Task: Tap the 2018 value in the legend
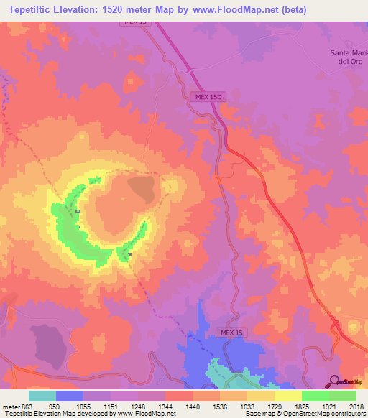click(x=356, y=406)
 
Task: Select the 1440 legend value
click(x=192, y=406)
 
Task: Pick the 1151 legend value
click(x=111, y=406)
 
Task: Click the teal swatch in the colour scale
click(x=42, y=396)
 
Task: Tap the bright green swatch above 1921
click(x=315, y=396)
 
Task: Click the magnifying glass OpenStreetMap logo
click(x=333, y=381)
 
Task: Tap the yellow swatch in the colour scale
click(x=287, y=396)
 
